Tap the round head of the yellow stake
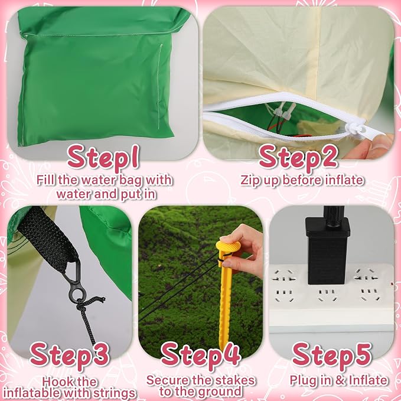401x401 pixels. tap(228, 246)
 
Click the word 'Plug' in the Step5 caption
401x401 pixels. tap(302, 380)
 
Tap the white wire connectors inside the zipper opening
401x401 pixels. tap(283, 111)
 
